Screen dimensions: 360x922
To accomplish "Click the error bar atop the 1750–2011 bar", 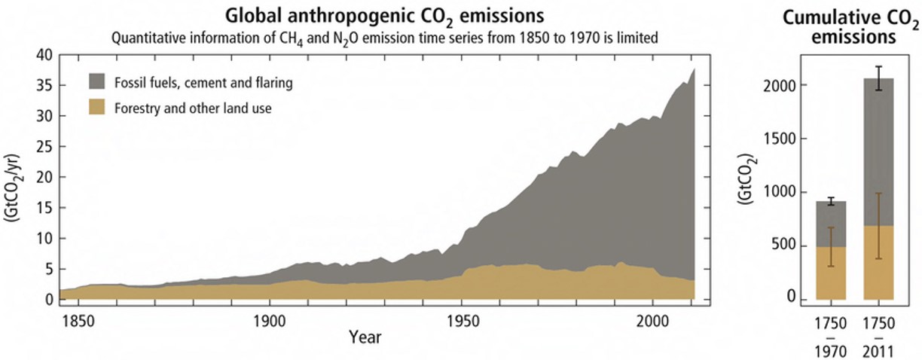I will (878, 78).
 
